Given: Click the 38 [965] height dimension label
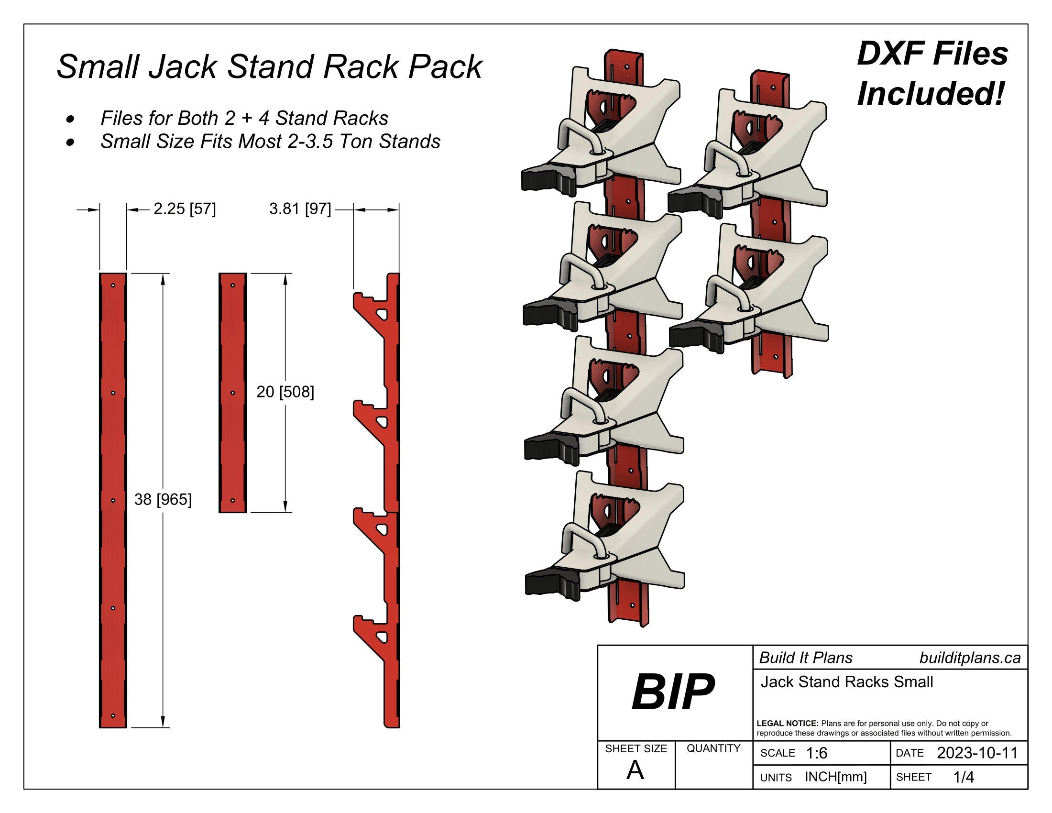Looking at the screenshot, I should [x=163, y=499].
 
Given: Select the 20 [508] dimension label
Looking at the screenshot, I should [x=285, y=392].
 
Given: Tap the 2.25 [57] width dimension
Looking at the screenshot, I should [x=185, y=209].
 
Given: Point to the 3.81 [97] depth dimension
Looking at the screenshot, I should [x=300, y=209].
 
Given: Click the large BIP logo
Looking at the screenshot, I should [x=673, y=692].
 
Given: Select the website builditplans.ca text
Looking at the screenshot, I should [x=970, y=658].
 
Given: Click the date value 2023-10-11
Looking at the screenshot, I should [x=977, y=753].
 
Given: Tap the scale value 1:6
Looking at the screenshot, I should [x=816, y=753].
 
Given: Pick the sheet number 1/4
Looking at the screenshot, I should [x=964, y=777].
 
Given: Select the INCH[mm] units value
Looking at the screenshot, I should [x=836, y=777].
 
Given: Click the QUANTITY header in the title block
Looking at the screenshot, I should [x=713, y=748].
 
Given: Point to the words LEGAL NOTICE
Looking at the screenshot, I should [x=787, y=724].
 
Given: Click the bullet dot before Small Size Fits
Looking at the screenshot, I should [x=71, y=142].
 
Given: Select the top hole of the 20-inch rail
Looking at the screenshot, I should [x=233, y=285].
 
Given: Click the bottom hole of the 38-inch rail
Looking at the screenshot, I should [x=113, y=716].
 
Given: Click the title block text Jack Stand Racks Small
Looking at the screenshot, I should [x=846, y=682].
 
